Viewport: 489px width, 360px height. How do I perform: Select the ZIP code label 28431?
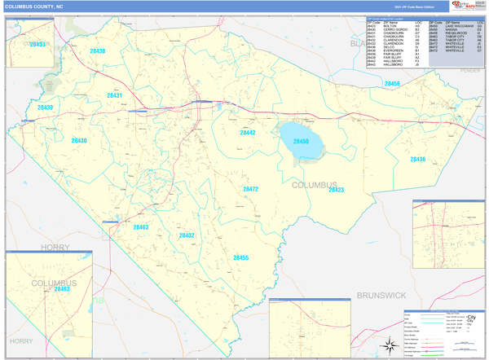pos(114,95)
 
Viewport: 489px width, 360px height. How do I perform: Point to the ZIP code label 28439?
pos(45,108)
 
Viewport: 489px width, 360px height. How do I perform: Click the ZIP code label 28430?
pos(78,141)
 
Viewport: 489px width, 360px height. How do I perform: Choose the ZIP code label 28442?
pos(248,132)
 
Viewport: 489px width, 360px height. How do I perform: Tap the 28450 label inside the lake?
pos(301,142)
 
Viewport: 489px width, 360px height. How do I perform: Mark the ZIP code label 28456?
pos(393,84)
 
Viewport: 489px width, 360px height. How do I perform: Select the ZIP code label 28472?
pos(250,189)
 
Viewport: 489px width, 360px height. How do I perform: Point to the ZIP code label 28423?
pos(336,190)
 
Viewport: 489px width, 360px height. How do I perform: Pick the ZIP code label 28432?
pos(187,235)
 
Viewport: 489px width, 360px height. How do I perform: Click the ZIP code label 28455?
pos(240,257)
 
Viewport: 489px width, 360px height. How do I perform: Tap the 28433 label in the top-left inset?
pos(37,45)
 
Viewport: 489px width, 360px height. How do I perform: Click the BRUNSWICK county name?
pos(381,294)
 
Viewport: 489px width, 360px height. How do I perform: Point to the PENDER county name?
pos(470,71)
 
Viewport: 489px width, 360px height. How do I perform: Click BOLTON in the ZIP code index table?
pos(390,25)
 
